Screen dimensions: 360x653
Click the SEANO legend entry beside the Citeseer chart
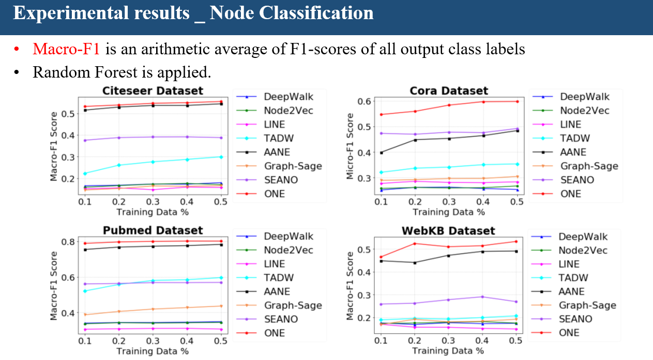click(x=282, y=180)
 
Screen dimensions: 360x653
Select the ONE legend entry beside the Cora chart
click(x=571, y=194)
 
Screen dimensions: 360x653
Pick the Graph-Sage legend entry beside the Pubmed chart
click(x=293, y=306)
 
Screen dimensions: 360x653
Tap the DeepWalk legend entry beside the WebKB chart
click(x=583, y=236)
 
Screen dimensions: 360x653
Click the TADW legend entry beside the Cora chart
click(x=575, y=138)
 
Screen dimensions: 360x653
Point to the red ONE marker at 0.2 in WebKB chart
click(x=414, y=244)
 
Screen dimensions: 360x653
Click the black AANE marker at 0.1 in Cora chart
click(x=381, y=153)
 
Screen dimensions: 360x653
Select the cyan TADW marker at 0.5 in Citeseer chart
click(x=221, y=157)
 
